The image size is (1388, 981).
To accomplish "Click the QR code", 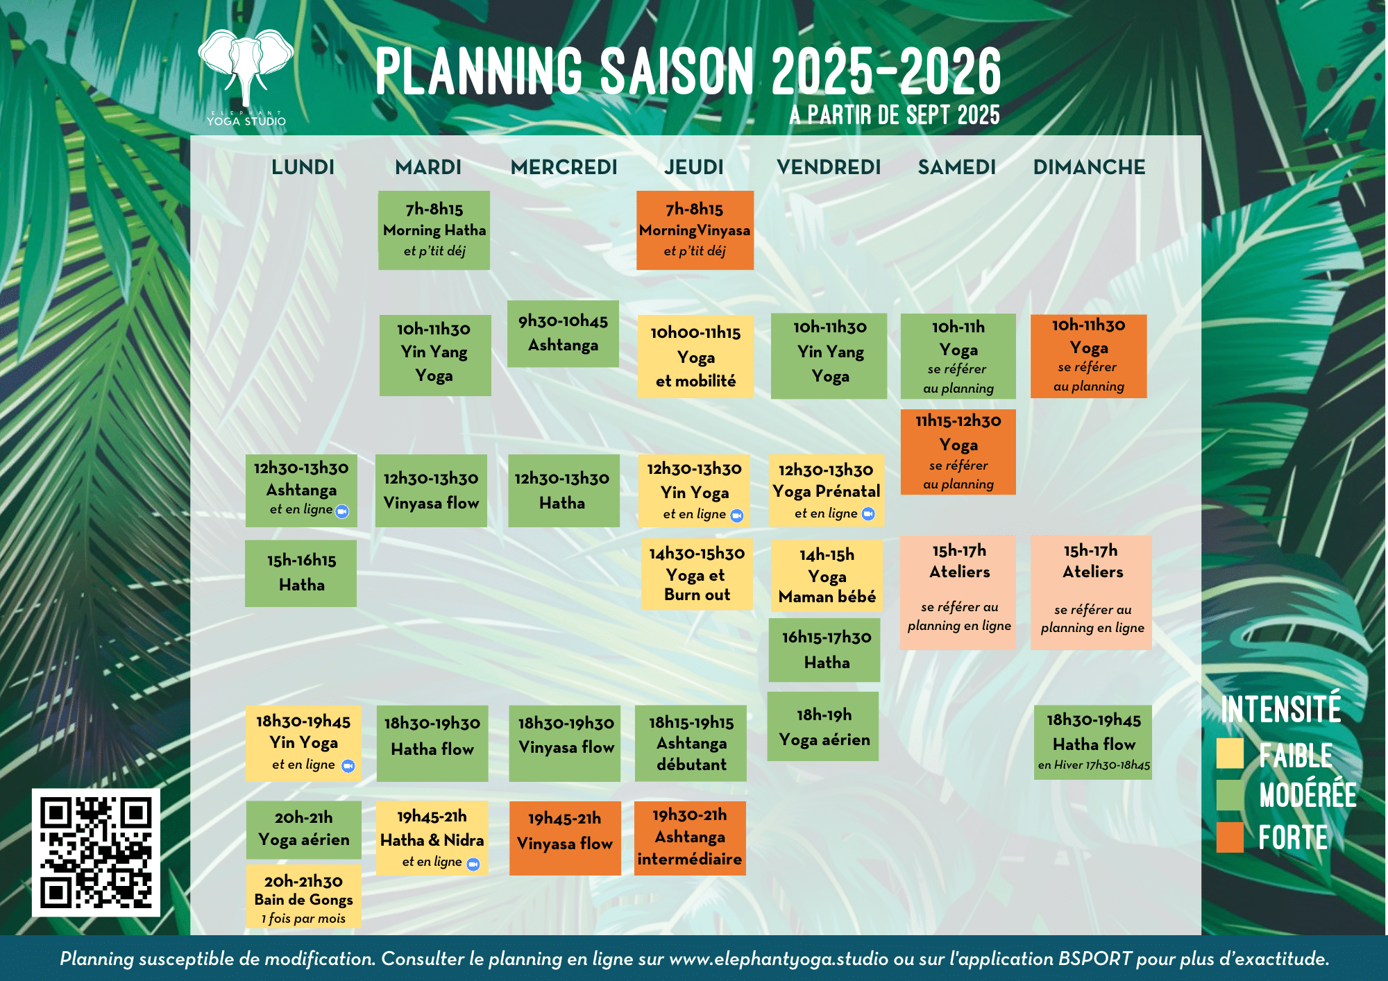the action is click(96, 852).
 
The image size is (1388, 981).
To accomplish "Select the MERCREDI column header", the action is click(564, 167).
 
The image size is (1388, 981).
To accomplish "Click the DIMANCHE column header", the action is click(1089, 167).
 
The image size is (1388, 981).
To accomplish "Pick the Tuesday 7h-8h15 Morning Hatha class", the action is click(434, 230).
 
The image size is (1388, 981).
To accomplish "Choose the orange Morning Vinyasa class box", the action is click(695, 230).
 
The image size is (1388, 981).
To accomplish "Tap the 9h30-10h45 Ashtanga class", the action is click(563, 334).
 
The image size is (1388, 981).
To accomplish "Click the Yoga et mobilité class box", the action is click(695, 357).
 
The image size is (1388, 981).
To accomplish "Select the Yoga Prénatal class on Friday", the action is click(826, 490).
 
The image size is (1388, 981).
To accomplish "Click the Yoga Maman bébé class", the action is click(827, 576).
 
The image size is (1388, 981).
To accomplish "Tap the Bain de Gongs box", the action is click(303, 896).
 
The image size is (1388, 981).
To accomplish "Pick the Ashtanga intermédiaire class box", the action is click(690, 838).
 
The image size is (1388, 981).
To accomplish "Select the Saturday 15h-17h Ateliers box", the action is click(958, 592).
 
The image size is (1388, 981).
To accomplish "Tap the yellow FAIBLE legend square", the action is click(1230, 754).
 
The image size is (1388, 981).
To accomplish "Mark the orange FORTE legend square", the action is click(1230, 837).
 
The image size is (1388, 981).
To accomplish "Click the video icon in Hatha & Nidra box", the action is click(473, 864).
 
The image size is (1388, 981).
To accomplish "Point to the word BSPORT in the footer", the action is click(1095, 959).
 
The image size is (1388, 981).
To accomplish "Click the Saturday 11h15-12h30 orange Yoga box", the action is click(958, 452).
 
